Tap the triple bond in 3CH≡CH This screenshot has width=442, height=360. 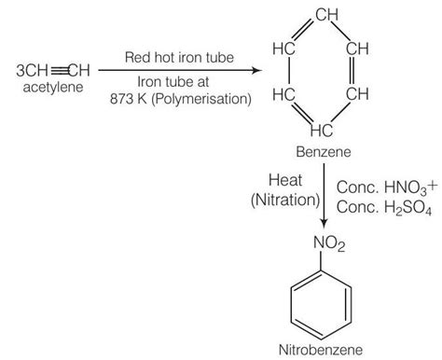[58, 70]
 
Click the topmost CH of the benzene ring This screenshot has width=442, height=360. [325, 16]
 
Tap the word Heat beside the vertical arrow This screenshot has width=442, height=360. [284, 178]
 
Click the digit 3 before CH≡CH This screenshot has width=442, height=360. [21, 70]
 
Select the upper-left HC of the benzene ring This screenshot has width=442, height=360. [285, 48]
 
